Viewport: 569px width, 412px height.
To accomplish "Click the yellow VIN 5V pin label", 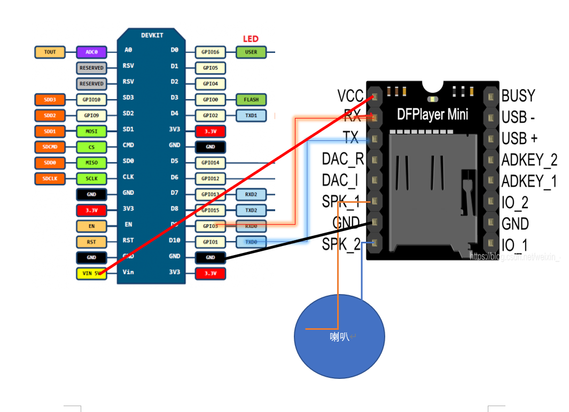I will click(91, 274).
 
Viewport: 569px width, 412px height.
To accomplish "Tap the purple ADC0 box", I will click(91, 52).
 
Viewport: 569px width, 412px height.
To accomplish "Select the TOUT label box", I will click(50, 52).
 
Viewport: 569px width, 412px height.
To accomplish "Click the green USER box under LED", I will click(251, 52).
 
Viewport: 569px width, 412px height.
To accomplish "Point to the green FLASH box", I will click(251, 100).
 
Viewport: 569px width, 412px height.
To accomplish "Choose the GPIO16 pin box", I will click(210, 52).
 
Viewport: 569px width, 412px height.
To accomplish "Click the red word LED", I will click(251, 39).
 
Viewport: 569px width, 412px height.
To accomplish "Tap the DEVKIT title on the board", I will click(152, 36).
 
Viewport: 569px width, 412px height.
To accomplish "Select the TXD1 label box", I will click(251, 115).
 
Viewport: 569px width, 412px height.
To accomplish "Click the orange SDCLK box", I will click(50, 179).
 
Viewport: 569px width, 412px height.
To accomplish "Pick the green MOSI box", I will click(91, 131).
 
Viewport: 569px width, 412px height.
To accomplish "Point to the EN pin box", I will click(91, 226).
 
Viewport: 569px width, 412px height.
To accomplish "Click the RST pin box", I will click(91, 242).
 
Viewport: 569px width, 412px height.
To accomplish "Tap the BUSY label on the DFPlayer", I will click(518, 96).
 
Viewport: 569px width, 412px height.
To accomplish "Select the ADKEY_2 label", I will click(529, 160).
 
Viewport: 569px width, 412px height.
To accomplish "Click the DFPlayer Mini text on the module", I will click(432, 114).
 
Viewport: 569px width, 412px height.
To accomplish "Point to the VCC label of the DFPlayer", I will click(350, 96).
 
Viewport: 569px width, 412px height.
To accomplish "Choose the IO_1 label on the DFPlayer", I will click(515, 245).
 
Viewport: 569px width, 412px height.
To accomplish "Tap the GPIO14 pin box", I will click(210, 163).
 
